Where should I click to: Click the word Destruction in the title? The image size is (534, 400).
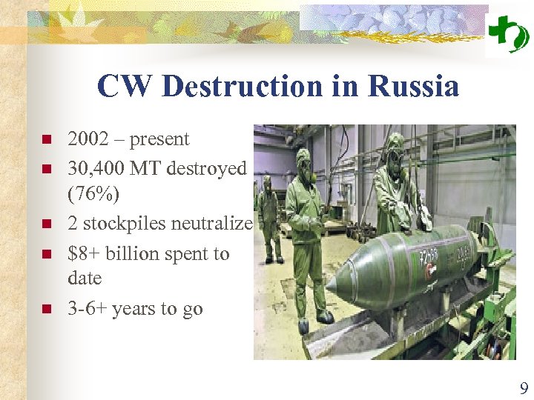(x=245, y=87)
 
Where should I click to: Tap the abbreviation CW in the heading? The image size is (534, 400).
(x=124, y=87)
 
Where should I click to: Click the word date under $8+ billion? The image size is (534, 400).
(x=85, y=279)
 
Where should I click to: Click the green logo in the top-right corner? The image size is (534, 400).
(x=508, y=34)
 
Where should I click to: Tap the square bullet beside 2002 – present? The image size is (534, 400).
(x=46, y=140)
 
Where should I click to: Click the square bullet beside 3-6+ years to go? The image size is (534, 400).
(x=46, y=310)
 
